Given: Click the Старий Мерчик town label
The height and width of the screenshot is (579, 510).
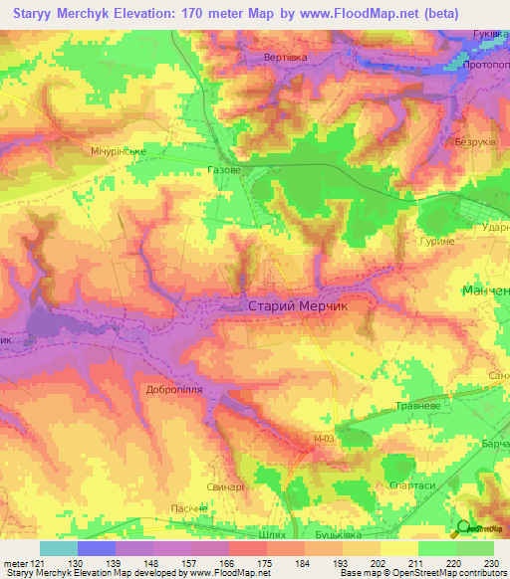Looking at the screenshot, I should pos(297,308).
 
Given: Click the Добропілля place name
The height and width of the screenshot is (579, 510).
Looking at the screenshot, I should pos(174,389).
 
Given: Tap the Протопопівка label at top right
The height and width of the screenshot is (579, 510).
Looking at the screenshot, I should pos(481,52).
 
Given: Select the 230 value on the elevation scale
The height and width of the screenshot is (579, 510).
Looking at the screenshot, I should pos(488,564).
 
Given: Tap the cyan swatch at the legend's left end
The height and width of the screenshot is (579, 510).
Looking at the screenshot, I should pos(59,548).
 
